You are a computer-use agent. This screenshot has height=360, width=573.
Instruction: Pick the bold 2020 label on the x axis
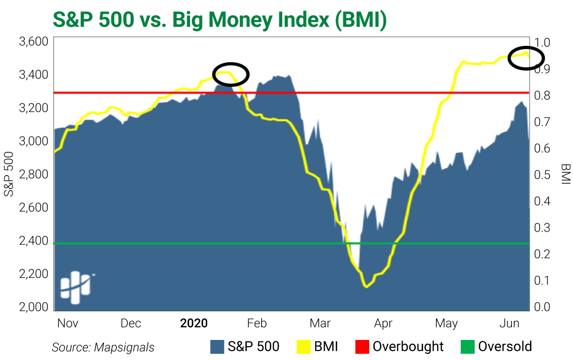[194, 323]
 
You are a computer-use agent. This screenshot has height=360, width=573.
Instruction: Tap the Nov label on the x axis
[68, 323]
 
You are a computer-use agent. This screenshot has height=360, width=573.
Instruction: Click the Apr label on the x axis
[383, 323]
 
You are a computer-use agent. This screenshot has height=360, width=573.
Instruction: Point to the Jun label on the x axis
[509, 323]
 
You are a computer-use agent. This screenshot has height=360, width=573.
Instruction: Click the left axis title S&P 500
[9, 174]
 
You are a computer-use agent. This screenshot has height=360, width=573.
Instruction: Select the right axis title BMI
[565, 174]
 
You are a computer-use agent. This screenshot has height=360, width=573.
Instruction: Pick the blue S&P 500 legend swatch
[217, 347]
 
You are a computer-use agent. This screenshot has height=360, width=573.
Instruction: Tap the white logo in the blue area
[76, 287]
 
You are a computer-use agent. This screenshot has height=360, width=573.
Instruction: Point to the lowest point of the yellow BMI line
[366, 287]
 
